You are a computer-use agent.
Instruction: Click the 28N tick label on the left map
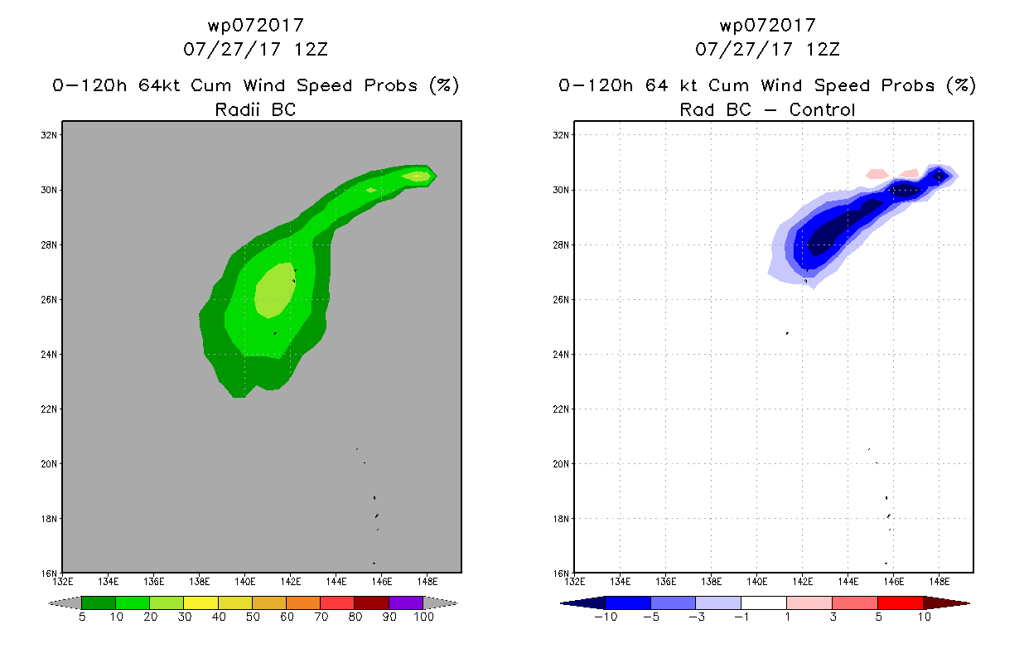click(x=49, y=245)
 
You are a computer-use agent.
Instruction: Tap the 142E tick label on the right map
click(x=802, y=582)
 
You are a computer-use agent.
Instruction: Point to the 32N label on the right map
click(x=561, y=135)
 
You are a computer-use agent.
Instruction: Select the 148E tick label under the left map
click(x=427, y=582)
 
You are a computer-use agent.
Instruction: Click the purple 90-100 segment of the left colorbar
click(x=406, y=603)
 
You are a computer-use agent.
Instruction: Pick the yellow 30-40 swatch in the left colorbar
click(x=200, y=603)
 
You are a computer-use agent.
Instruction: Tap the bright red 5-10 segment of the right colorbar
click(x=901, y=603)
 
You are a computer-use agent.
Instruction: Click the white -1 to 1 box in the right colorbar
click(x=764, y=603)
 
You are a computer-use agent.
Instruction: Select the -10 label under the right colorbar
click(x=606, y=617)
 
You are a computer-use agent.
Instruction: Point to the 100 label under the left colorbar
click(x=424, y=617)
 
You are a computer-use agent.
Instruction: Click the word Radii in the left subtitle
click(x=237, y=109)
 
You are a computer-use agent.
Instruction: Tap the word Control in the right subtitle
click(x=822, y=109)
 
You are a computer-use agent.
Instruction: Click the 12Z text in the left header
click(x=311, y=50)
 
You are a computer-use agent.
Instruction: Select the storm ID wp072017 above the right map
click(x=768, y=26)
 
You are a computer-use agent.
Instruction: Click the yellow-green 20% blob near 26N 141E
click(x=275, y=291)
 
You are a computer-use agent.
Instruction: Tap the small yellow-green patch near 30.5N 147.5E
click(x=416, y=176)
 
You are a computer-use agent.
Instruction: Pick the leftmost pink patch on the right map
click(x=877, y=174)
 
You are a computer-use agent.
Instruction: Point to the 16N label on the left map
click(x=49, y=573)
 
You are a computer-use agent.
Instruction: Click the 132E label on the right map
click(x=575, y=582)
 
